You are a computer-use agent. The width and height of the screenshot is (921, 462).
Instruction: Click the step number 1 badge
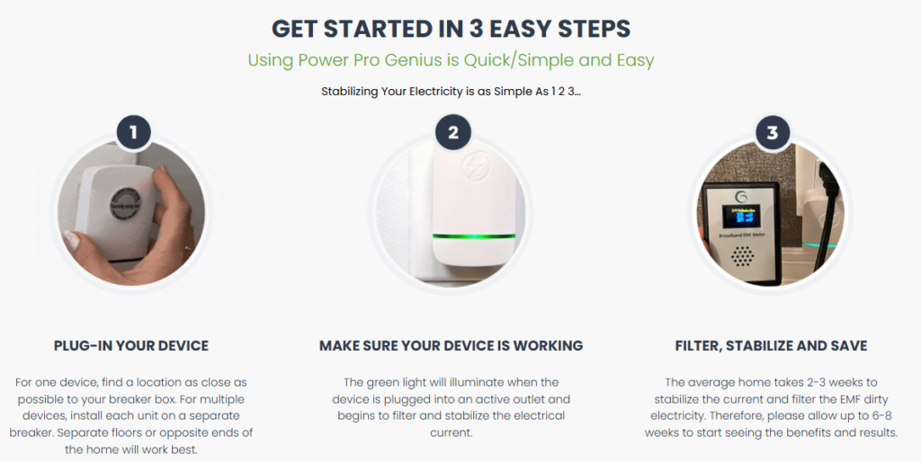tap(133, 132)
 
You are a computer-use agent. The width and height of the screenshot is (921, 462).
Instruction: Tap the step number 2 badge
tap(453, 132)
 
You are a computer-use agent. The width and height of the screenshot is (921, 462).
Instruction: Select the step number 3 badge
tap(773, 132)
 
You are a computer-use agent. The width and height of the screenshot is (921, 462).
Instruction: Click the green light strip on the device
tap(473, 236)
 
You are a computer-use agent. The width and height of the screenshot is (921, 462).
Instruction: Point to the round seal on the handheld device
tap(126, 204)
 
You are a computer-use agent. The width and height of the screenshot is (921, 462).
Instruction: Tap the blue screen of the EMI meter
tap(740, 218)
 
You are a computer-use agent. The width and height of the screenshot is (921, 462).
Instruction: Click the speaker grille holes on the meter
tap(742, 255)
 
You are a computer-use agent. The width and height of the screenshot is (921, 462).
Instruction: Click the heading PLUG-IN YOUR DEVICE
tap(131, 346)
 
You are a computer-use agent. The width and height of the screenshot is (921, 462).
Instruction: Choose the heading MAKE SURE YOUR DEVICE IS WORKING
tap(452, 346)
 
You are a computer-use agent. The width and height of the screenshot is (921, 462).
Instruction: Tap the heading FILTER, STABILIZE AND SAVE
tap(771, 346)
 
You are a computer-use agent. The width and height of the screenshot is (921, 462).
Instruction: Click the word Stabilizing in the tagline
tap(350, 92)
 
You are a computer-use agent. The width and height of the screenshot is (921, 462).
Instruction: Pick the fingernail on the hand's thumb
tap(71, 239)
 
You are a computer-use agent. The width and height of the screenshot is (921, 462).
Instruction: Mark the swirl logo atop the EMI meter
tap(741, 197)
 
